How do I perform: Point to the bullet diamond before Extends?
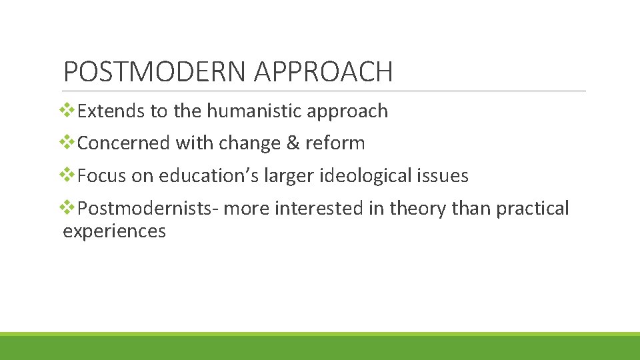click(69, 110)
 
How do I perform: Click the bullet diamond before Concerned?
click(69, 143)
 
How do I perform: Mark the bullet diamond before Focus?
click(69, 175)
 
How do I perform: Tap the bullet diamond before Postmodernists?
click(69, 208)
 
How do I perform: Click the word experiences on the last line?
click(114, 232)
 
